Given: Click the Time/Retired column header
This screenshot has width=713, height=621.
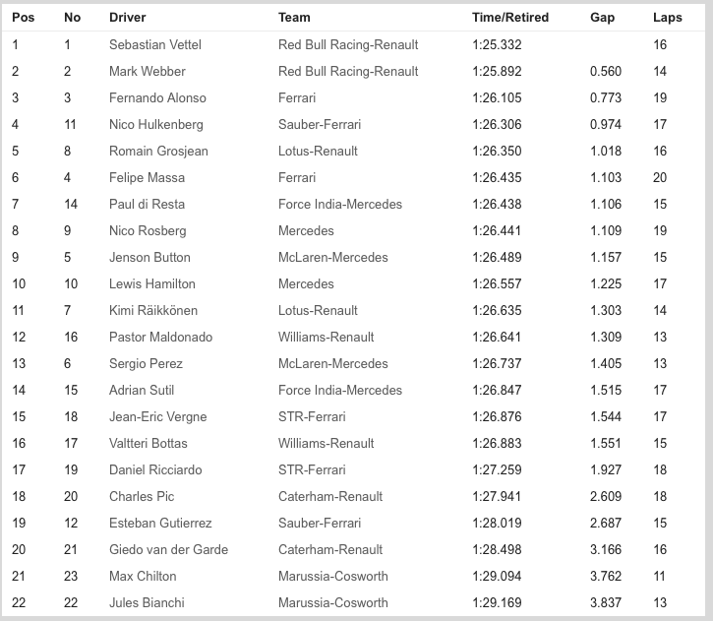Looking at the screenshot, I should point(509,18).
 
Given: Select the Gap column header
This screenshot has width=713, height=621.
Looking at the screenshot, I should point(602,18).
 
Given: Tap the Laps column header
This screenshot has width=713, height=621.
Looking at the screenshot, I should point(667,18).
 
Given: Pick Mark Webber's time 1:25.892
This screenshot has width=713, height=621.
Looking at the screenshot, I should point(497,72).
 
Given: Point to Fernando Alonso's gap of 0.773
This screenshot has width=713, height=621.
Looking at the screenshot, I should point(606,98).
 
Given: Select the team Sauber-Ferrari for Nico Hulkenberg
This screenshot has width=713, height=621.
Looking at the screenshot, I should point(320,125).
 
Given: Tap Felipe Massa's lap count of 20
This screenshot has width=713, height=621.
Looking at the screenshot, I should point(660,178).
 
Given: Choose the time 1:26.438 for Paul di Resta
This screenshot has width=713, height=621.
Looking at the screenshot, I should point(497,205).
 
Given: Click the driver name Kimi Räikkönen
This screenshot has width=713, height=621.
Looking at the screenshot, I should point(152,311).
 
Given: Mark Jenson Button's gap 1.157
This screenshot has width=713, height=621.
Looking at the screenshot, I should point(606,258).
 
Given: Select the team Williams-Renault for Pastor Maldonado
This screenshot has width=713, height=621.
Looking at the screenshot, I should point(327,338).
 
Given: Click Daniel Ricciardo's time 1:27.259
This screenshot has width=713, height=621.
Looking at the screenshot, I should point(497,470).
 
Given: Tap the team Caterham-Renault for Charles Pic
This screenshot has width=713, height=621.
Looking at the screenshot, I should point(330,497).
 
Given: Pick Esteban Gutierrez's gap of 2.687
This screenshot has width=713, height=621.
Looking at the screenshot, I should point(606,524).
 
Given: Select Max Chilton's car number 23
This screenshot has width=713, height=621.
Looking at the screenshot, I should point(71,577).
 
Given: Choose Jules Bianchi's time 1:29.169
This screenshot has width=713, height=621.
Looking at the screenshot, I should point(497,603).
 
